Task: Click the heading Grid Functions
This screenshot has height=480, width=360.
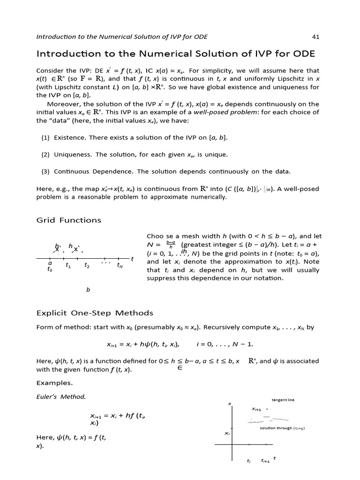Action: click(x=68, y=220)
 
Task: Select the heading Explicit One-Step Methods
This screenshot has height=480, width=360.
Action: click(x=95, y=313)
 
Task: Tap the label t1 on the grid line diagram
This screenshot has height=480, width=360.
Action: click(x=68, y=265)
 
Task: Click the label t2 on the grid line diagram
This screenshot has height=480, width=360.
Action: click(x=87, y=265)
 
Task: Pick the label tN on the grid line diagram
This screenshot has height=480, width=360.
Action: click(x=120, y=266)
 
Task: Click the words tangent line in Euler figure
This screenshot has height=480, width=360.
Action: click(x=283, y=400)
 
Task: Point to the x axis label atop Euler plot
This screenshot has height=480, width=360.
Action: click(x=230, y=404)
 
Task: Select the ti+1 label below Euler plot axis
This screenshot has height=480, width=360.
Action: click(x=265, y=461)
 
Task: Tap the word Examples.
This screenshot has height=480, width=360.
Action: click(x=54, y=382)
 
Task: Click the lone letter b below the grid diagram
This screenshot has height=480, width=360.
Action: click(x=88, y=290)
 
